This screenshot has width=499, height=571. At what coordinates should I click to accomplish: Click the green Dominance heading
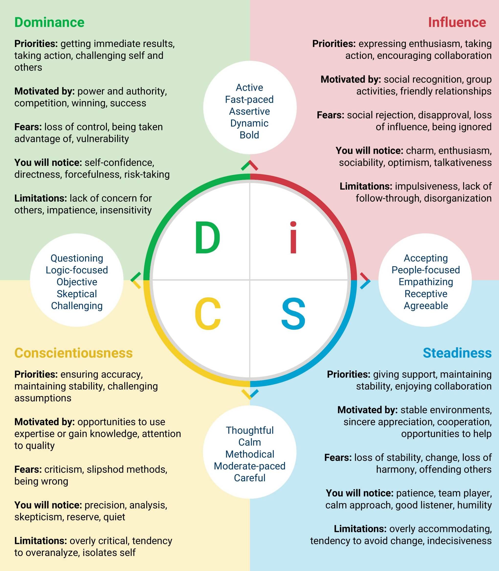pos(49,22)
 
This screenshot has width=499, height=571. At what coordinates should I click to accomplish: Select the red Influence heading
pos(457,22)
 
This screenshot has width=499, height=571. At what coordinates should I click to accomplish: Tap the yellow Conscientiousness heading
pos(74,353)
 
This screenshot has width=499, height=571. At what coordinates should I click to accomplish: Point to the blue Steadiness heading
pos(457,353)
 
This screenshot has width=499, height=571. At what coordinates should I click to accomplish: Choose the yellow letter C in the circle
pos(208,314)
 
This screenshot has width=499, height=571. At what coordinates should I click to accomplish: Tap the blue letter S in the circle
pos(293,314)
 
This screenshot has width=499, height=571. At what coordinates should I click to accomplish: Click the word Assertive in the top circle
pos(249,111)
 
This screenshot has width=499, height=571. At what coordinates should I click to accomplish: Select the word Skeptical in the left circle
pos(77,294)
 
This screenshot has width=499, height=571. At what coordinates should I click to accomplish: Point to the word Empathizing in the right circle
pos(425,282)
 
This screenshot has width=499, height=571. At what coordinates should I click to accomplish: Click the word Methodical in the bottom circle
pos(249,454)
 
